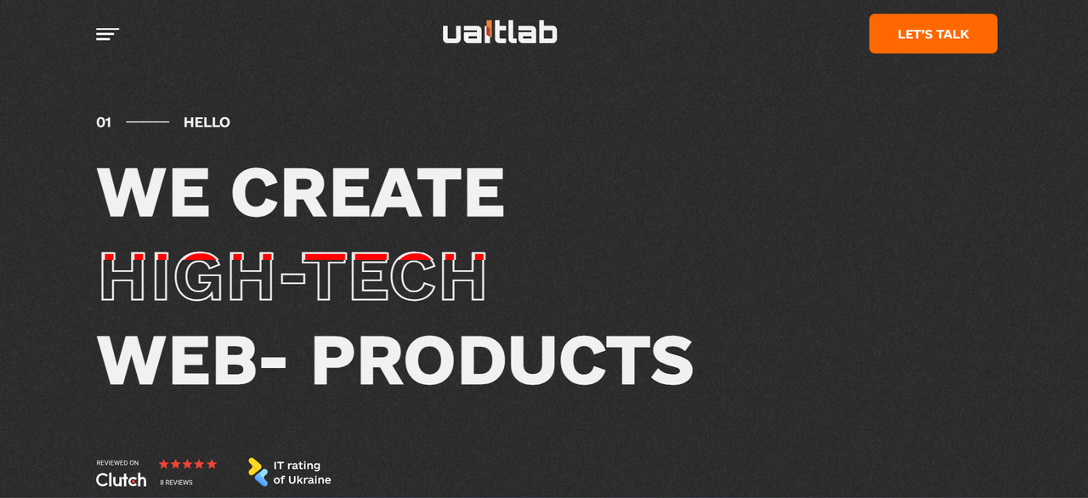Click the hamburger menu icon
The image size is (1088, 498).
click(x=107, y=34)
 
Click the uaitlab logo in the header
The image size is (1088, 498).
click(x=500, y=33)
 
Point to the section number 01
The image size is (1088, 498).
click(x=104, y=122)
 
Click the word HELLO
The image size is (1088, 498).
click(x=207, y=122)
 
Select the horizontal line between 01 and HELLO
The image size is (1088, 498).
click(x=147, y=122)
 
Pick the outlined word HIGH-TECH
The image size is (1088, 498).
click(x=293, y=277)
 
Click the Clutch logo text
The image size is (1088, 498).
click(x=121, y=480)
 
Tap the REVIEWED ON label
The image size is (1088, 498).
click(x=117, y=463)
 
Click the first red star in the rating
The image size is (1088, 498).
click(x=164, y=464)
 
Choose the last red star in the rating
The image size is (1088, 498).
click(x=212, y=464)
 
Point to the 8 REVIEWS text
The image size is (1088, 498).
click(x=176, y=483)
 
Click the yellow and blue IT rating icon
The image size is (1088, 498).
click(x=258, y=473)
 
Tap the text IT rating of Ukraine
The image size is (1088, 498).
click(x=302, y=473)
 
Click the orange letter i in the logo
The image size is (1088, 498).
click(x=490, y=32)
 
